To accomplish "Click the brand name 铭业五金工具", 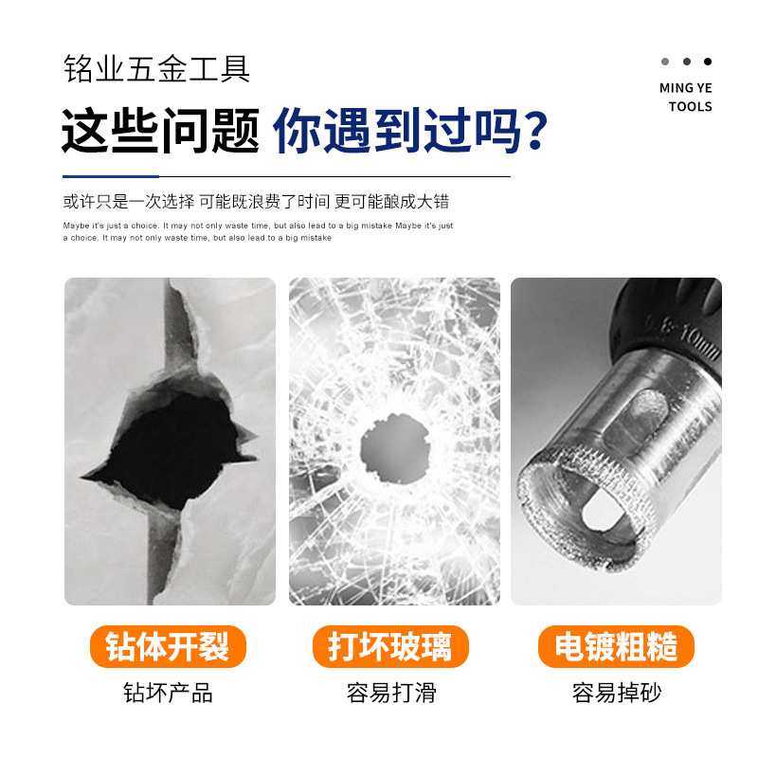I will (156, 70).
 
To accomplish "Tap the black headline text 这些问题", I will (160, 132).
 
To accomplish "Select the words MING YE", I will (685, 88).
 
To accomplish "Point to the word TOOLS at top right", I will (690, 106).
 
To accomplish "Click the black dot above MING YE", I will (707, 63).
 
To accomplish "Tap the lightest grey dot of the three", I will (665, 63).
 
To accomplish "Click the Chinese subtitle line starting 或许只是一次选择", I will (256, 201).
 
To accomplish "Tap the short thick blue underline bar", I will (123, 176).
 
